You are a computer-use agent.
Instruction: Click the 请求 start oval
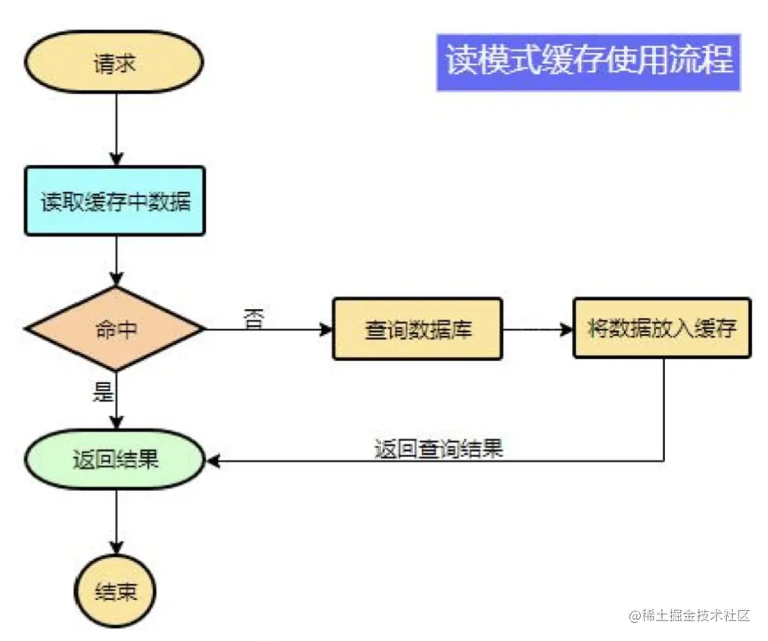tap(114, 64)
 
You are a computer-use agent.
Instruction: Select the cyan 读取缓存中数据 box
tap(115, 202)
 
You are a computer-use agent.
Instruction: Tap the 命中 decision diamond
tap(115, 329)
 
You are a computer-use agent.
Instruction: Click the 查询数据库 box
tap(417, 329)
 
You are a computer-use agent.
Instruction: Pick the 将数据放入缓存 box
tap(661, 328)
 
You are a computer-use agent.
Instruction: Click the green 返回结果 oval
tap(115, 459)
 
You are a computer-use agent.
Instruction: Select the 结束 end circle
tap(115, 592)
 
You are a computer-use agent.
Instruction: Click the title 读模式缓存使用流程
tap(588, 61)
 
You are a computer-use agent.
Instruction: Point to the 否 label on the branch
tap(254, 318)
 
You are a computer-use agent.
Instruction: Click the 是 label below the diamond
tap(102, 392)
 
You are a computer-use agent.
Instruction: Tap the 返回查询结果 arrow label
tap(439, 449)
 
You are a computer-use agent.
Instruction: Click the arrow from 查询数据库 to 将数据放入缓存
tap(536, 330)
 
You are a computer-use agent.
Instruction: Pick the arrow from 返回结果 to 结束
tap(115, 523)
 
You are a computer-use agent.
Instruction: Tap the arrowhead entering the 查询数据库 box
tap(326, 330)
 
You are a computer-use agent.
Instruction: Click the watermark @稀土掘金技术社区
tap(688, 615)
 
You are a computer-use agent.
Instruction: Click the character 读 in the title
tap(459, 61)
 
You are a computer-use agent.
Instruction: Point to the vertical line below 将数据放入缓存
tap(664, 409)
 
